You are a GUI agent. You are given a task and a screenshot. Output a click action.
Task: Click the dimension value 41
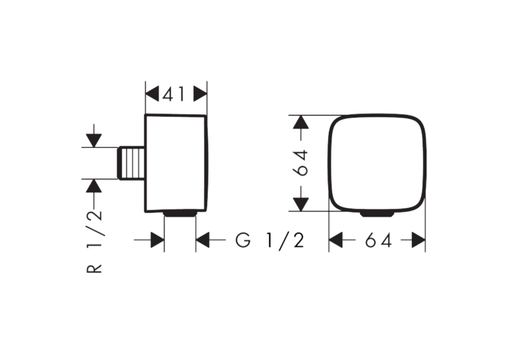174,94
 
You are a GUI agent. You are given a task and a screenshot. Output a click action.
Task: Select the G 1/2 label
270,240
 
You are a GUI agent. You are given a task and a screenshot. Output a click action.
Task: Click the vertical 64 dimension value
302,162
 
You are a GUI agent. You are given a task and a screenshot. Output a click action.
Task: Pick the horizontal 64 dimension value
378,240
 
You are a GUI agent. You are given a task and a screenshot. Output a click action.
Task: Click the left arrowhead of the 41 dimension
152,94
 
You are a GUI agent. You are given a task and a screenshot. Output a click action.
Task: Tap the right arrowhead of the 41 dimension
200,94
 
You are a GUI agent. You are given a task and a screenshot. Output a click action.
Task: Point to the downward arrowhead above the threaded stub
94,141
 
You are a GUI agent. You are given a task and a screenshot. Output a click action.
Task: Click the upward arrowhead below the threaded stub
94,186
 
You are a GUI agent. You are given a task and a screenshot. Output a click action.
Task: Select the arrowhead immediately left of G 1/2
203,240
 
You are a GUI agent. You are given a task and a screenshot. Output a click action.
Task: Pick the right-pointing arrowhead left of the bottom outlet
158,240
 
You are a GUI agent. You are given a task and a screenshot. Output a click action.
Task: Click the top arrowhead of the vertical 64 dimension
301,122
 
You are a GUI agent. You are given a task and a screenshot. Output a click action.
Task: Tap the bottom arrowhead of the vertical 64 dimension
301,204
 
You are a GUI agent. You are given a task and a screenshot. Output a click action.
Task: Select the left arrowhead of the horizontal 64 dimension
335,240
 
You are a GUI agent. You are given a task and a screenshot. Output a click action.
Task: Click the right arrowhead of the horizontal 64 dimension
419,240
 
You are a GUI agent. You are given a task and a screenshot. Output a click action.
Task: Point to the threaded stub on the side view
131,162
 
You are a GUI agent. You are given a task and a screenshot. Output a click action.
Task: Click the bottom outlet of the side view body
180,213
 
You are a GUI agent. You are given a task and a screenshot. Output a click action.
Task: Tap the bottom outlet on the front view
377,213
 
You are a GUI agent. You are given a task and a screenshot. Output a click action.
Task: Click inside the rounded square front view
377,162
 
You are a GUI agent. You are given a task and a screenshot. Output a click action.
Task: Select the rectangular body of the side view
176,163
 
